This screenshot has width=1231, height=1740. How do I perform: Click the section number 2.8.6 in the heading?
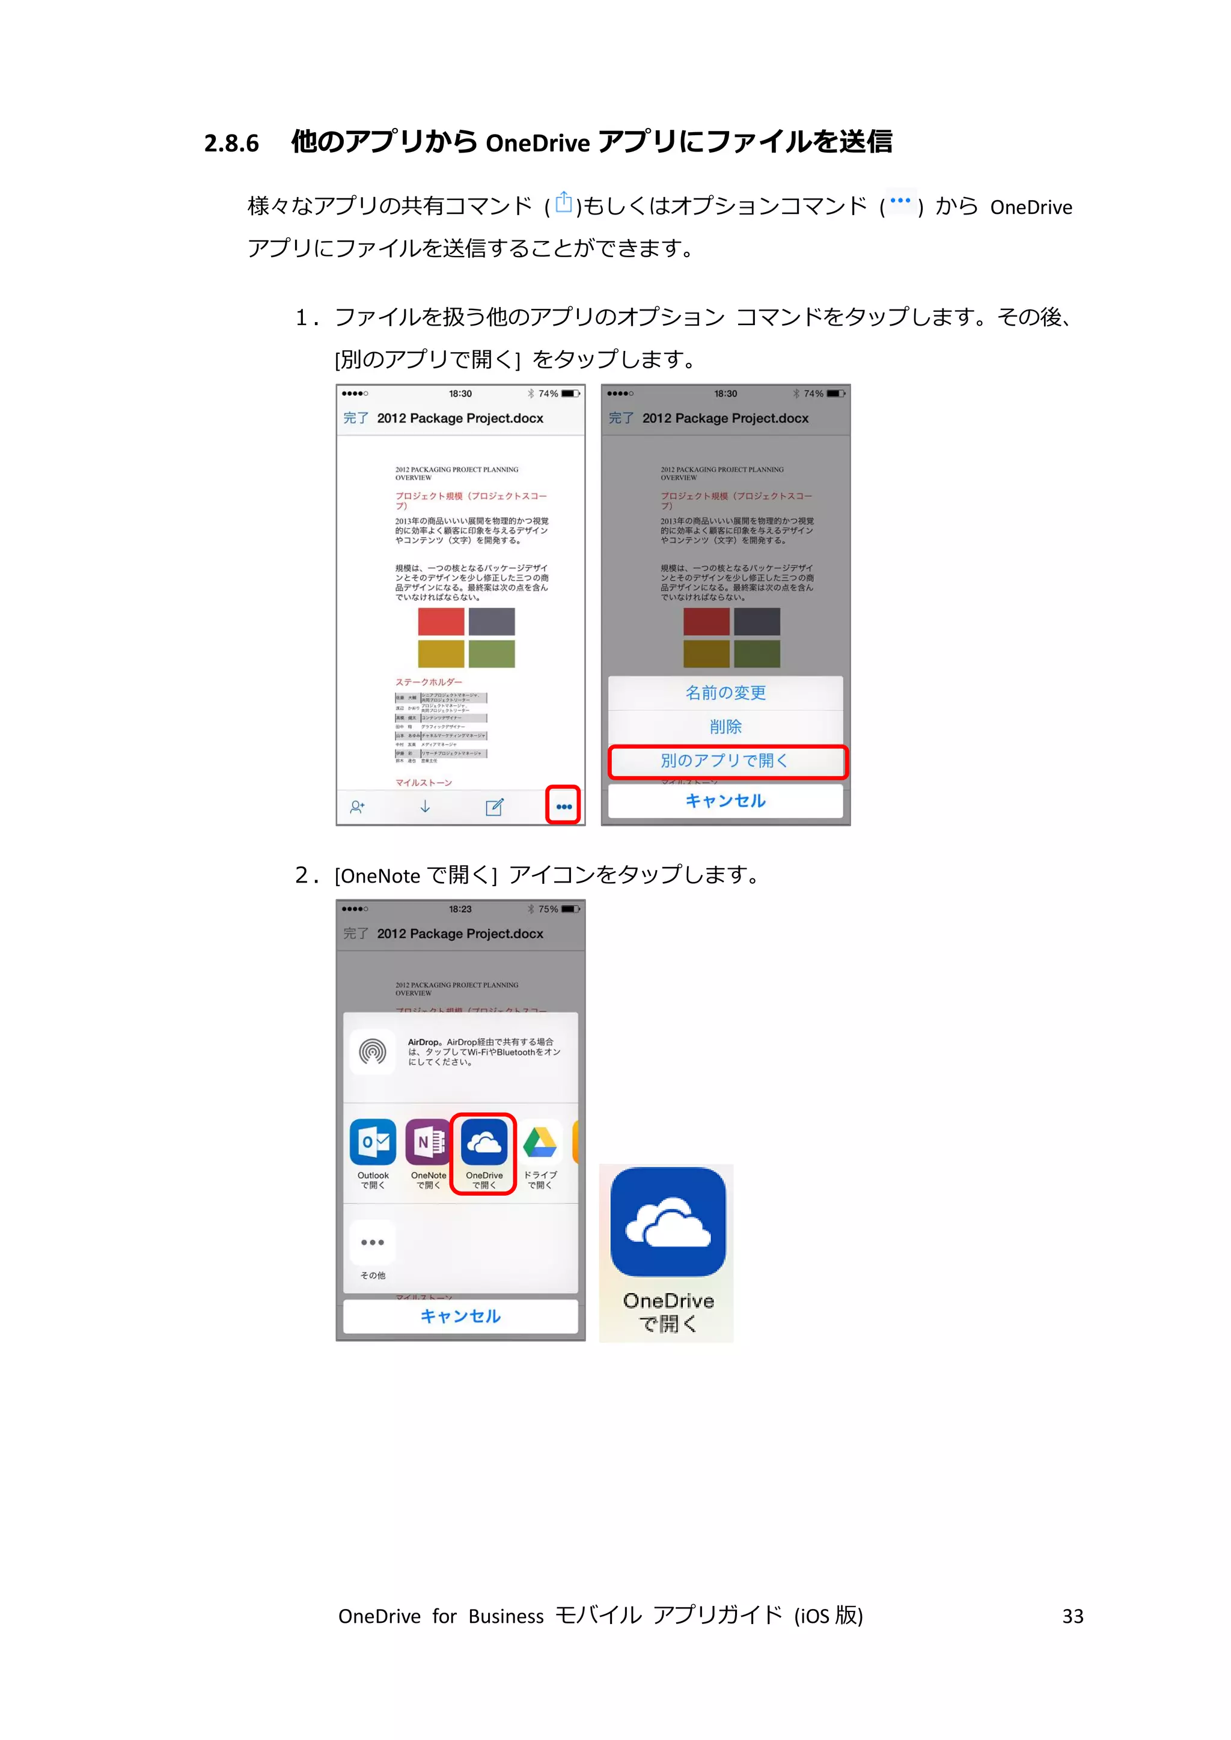tap(231, 143)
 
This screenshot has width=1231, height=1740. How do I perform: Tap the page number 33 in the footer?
tap(1072, 1616)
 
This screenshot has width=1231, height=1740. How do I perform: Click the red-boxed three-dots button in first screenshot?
tap(563, 806)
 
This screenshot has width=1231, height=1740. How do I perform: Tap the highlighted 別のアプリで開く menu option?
tap(726, 761)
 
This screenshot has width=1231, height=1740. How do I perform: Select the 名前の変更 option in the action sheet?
tap(725, 693)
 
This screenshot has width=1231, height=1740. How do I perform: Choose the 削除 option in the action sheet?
tap(725, 727)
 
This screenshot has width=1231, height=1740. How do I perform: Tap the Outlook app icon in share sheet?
tap(373, 1142)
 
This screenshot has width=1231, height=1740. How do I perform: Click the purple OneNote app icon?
tap(429, 1142)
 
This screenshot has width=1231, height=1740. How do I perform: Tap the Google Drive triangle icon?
tap(540, 1142)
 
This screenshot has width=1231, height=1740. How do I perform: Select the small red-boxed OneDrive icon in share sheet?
tap(484, 1142)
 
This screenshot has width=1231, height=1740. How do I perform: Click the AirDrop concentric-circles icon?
tap(373, 1052)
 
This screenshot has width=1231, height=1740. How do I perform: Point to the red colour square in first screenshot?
tap(441, 621)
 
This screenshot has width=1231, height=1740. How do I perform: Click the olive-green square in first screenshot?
tap(491, 653)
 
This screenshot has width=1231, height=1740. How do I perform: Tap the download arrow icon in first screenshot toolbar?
tap(425, 806)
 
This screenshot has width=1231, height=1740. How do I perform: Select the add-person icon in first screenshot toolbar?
tap(357, 807)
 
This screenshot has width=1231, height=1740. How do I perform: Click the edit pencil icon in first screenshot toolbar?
tap(494, 807)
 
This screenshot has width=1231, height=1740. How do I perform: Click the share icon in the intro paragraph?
tap(563, 203)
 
